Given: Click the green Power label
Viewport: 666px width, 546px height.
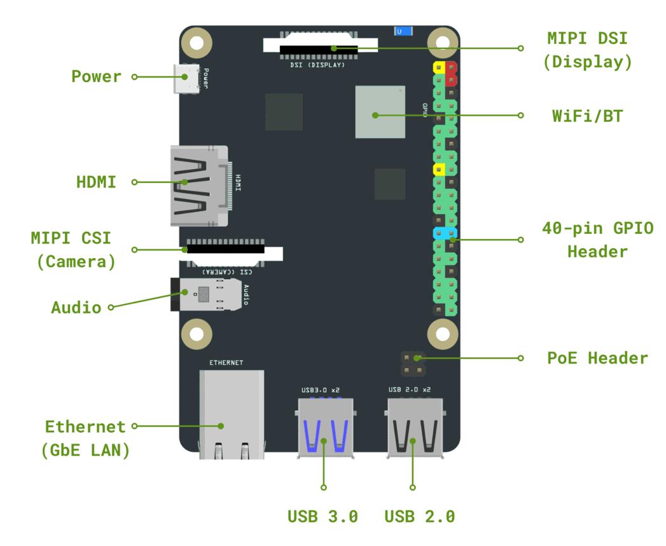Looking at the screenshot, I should pyautogui.click(x=95, y=77).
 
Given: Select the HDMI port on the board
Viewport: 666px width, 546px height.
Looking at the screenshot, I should pyautogui.click(x=198, y=185).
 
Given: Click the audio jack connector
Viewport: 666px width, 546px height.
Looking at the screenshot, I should pyautogui.click(x=207, y=294).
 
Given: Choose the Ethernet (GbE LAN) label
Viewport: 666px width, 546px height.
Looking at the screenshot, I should pyautogui.click(x=85, y=438).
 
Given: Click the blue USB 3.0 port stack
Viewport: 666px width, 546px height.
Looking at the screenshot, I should pyautogui.click(x=325, y=427).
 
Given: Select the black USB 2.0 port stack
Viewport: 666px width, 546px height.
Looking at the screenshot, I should pyautogui.click(x=413, y=427).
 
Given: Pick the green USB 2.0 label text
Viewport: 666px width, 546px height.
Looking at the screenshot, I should pyautogui.click(x=420, y=515).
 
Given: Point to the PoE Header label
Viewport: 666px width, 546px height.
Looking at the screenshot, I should pyautogui.click(x=597, y=358).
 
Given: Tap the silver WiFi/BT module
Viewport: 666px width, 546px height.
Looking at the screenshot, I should pyautogui.click(x=380, y=112).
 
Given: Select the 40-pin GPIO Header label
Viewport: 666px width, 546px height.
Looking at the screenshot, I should pyautogui.click(x=597, y=240).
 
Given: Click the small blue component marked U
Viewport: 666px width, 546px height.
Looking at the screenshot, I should pyautogui.click(x=402, y=31).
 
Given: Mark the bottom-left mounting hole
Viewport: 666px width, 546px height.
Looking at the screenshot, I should pyautogui.click(x=196, y=333).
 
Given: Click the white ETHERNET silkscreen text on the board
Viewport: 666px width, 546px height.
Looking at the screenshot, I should pyautogui.click(x=226, y=363).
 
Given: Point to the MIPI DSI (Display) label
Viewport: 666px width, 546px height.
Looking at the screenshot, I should pyautogui.click(x=587, y=50).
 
